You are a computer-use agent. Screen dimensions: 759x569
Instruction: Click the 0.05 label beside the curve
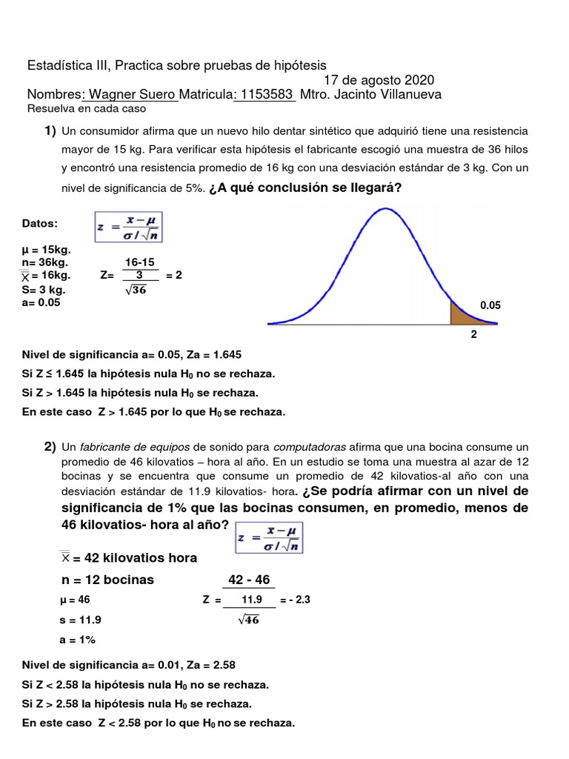[x=490, y=305]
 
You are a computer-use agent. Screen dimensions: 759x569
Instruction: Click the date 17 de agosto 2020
[x=379, y=80]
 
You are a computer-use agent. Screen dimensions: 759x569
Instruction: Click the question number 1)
[x=49, y=130]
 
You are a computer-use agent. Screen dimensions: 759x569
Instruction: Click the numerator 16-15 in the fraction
[x=139, y=262]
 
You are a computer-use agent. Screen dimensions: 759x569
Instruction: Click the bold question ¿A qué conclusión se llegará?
[x=305, y=188]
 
